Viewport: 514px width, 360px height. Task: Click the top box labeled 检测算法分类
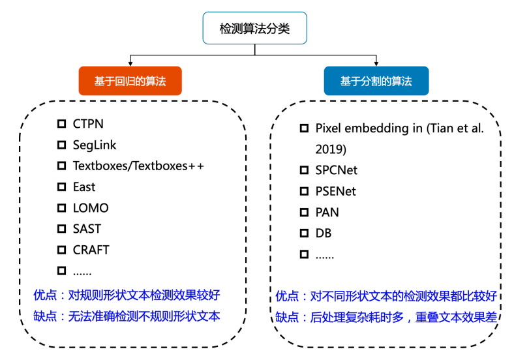(254, 28)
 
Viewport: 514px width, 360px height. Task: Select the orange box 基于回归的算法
(130, 81)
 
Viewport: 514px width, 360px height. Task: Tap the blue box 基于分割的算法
(376, 81)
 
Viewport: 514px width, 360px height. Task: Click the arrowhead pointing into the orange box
(130, 64)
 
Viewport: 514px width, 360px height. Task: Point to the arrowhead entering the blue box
(376, 64)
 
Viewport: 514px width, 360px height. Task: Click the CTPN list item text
(88, 124)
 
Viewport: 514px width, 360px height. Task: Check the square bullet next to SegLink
(61, 145)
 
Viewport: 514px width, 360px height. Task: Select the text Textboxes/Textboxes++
(138, 166)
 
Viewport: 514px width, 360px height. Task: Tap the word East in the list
(84, 187)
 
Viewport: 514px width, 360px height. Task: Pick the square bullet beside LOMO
(61, 208)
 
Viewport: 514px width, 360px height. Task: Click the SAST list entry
(87, 229)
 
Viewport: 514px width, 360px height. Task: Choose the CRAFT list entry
(91, 250)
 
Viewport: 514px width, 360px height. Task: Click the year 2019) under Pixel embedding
(331, 149)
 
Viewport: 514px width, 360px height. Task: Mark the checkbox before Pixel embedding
(304, 128)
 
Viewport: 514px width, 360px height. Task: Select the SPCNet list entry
(337, 170)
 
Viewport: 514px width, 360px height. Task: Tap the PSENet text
(336, 191)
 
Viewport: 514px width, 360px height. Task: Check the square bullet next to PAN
(304, 212)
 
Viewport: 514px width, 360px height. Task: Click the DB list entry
(324, 233)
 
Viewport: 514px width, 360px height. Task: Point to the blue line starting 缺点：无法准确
(127, 316)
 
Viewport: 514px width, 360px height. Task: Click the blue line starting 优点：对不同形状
(386, 295)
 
